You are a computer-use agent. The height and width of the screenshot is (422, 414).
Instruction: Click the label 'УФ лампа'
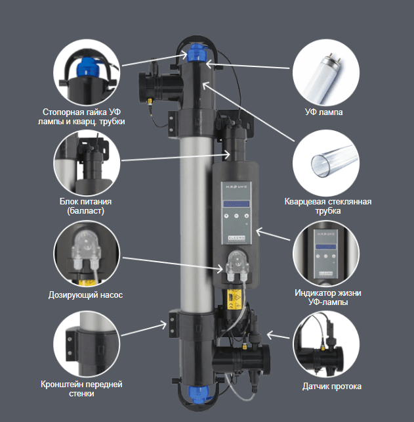(x=323, y=112)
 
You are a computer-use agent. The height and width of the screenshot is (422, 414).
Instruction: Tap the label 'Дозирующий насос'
(x=85, y=295)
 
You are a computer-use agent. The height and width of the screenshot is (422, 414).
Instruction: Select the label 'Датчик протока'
(x=332, y=387)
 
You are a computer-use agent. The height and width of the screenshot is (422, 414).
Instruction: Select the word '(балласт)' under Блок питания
(x=85, y=211)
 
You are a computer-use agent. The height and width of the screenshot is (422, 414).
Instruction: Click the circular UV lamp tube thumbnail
(x=326, y=72)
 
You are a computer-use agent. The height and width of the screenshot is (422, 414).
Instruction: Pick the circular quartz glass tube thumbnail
(x=326, y=163)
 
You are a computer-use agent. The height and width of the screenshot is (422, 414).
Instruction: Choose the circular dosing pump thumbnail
(x=87, y=254)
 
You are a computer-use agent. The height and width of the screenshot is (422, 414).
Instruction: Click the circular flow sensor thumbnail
(x=326, y=344)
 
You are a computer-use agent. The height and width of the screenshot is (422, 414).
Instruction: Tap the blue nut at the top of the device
(x=197, y=53)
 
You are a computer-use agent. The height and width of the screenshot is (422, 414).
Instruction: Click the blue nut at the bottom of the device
(x=198, y=394)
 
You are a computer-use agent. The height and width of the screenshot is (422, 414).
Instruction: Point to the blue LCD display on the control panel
(x=236, y=204)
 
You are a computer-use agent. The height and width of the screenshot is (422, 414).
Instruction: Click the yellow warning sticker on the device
(x=234, y=299)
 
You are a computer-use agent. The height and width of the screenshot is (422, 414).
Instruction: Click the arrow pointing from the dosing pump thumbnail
(x=173, y=264)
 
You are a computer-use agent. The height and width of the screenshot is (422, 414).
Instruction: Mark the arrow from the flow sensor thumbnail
(x=278, y=335)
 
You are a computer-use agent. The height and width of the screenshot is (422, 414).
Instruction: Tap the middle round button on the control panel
(x=236, y=216)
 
